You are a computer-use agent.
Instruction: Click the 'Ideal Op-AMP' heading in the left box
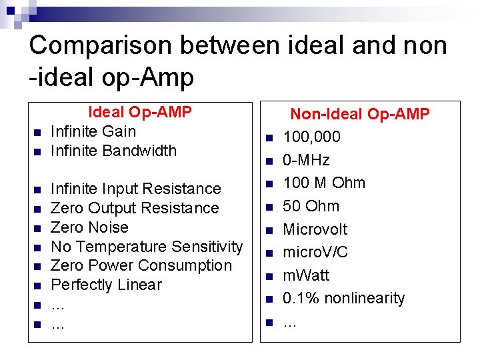coord(140,112)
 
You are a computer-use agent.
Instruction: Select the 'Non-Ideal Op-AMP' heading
coord(360,115)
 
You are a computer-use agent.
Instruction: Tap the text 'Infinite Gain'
coord(93,131)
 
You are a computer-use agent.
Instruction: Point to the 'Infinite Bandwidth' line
coord(113,151)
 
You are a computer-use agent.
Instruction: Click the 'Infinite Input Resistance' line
coord(135,189)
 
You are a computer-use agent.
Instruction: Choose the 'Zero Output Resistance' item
coord(135,209)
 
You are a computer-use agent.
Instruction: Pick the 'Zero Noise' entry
coord(89,227)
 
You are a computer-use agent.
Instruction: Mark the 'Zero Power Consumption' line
coord(141,265)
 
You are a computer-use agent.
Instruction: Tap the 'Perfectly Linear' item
coord(106,285)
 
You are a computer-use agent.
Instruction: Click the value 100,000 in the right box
coord(311,137)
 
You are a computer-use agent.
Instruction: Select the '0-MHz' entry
coord(306,160)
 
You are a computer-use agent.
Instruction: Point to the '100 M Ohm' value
coord(324,183)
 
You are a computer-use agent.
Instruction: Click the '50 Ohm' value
coord(311,206)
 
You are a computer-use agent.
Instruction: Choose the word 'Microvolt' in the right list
coord(315,229)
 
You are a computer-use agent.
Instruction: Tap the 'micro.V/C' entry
coord(315,252)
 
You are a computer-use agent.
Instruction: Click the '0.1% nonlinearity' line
coord(343,298)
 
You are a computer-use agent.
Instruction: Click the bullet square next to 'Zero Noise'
coord(37,228)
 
